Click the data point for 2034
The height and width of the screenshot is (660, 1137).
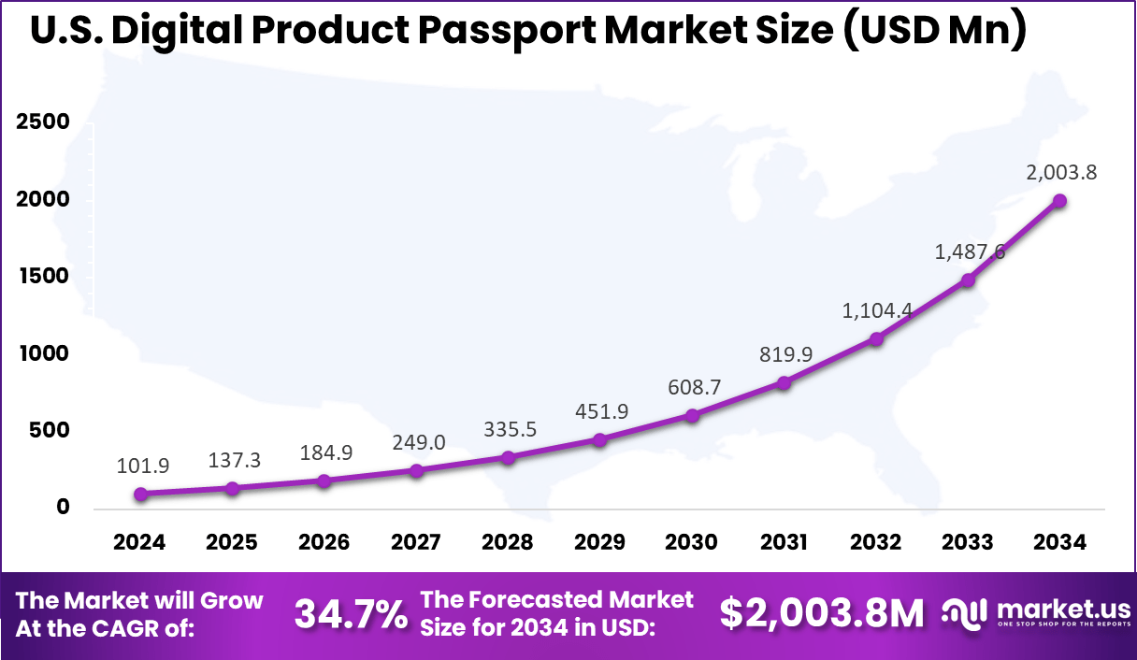point(1059,200)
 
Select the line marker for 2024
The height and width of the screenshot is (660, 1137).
point(139,494)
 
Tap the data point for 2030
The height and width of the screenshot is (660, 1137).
point(692,415)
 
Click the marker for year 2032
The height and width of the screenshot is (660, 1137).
point(876,338)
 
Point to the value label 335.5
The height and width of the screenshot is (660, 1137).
point(509,429)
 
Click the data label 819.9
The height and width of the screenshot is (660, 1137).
point(784,353)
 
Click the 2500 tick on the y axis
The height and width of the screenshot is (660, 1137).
point(42,123)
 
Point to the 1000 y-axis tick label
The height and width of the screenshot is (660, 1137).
point(42,353)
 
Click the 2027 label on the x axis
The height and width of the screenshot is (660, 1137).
point(416,543)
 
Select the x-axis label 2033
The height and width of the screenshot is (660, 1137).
point(968,543)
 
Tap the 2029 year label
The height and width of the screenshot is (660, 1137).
point(599,543)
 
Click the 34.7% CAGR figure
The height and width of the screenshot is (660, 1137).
point(351,614)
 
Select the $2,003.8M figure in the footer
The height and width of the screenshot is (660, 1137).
point(822,613)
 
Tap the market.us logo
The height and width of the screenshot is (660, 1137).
point(1033,613)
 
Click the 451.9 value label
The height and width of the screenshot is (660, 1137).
point(600,412)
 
